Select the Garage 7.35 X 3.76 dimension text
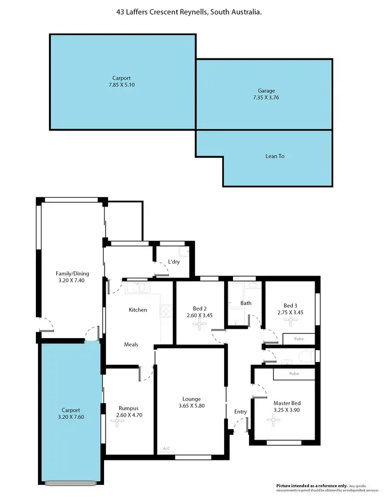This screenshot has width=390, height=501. pos(264,97)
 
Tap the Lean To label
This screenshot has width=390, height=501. pos(276,156)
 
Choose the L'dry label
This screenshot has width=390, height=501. pos(174,262)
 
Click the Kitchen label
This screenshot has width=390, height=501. pos(138,310)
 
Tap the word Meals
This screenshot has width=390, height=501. pos(131,344)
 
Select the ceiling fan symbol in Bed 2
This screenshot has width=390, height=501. pos(199,325)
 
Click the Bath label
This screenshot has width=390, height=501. pos(246,303)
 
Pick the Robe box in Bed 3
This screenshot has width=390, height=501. pos(298,339)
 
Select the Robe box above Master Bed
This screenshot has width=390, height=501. pos(294,374)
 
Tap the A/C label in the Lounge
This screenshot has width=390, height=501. pos(166,448)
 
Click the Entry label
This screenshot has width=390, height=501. pos(240,412)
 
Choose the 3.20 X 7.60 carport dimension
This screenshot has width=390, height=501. pos(71,417)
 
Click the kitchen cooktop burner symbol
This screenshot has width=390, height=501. pos(166,311)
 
